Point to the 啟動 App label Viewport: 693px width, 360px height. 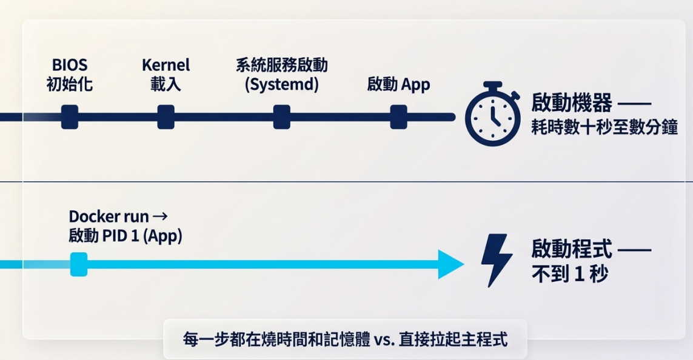pyautogui.click(x=398, y=84)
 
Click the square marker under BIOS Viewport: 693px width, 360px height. pyautogui.click(x=70, y=117)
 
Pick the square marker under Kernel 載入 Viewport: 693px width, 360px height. pyautogui.click(x=166, y=117)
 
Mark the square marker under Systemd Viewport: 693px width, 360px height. pyautogui.click(x=281, y=117)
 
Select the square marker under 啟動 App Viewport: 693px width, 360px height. pyautogui.click(x=398, y=117)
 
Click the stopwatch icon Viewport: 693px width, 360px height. pyautogui.click(x=493, y=114)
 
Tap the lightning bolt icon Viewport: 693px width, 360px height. pyautogui.click(x=497, y=260)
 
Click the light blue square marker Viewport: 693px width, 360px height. pyautogui.click(x=79, y=265)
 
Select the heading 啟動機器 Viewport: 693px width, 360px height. pyautogui.click(x=572, y=103)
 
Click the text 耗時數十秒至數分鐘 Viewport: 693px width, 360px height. pyautogui.click(x=604, y=127)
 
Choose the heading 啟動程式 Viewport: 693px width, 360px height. pyautogui.click(x=572, y=248)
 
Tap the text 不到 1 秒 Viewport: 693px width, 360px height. pyautogui.click(x=570, y=274)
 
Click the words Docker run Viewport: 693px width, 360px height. pyautogui.click(x=109, y=216)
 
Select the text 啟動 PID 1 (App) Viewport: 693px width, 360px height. pyautogui.click(x=125, y=236)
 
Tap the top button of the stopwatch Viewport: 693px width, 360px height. pyautogui.click(x=492, y=85)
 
